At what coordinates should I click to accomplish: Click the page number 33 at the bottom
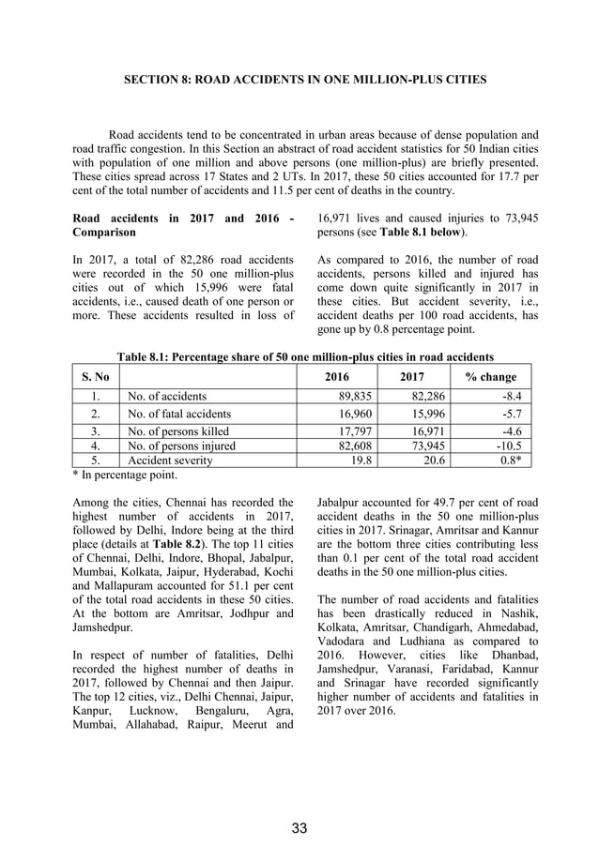299,827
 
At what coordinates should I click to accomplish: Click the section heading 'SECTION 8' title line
305,81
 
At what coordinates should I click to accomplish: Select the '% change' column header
491,377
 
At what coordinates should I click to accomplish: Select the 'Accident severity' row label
169,461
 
